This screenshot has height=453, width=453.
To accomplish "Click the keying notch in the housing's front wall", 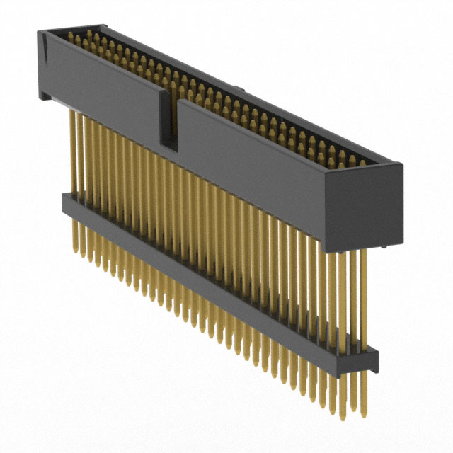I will (x=168, y=120).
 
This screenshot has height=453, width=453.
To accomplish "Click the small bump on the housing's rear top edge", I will (x=240, y=90).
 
